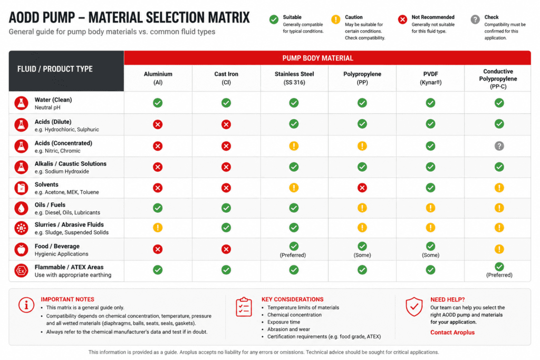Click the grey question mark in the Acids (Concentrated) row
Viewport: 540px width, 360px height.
[x=499, y=146]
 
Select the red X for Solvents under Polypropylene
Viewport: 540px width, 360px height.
[x=362, y=188]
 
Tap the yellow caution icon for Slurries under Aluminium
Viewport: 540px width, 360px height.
[x=158, y=228]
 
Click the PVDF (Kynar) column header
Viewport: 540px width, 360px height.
[x=430, y=78]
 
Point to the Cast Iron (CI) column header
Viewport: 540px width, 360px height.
[x=226, y=78]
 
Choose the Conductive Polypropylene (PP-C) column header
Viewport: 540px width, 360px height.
[x=498, y=79]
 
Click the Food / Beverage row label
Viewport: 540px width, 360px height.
[x=57, y=246]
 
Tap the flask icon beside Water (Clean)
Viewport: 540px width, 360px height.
[x=21, y=103]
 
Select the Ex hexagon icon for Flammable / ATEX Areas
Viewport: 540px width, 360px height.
[x=21, y=270]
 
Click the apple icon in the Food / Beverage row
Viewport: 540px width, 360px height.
[x=21, y=249]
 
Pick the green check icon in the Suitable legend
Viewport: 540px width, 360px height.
[x=274, y=20]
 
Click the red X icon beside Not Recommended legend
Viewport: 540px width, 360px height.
[x=402, y=20]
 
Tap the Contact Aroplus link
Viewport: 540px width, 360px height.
[x=452, y=332]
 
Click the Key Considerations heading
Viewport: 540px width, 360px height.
[x=292, y=299]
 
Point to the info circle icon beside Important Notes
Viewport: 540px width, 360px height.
[x=26, y=305]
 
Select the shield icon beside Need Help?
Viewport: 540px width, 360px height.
[x=414, y=306]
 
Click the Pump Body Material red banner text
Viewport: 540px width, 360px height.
[x=317, y=58]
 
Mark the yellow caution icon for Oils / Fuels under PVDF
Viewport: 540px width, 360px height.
[x=430, y=208]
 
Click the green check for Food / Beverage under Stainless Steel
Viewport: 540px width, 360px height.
[x=294, y=246]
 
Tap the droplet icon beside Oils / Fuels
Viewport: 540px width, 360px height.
[x=21, y=208]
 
